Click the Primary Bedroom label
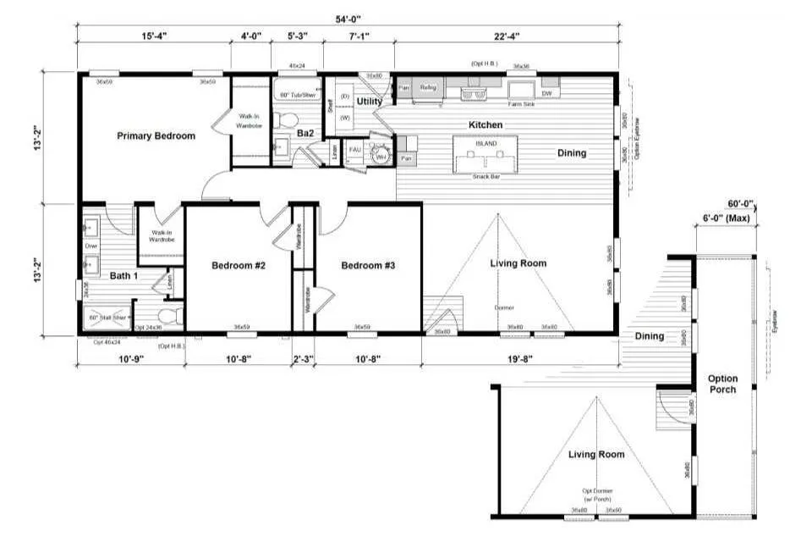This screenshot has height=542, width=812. tap(156, 135)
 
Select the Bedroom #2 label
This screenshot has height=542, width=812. tap(239, 266)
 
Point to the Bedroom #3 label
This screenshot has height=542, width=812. tap(368, 266)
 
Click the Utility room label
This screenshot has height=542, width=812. tap(370, 102)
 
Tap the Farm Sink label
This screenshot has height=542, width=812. tap(519, 104)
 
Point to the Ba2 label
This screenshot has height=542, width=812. tap(305, 134)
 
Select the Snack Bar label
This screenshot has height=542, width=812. tap(485, 175)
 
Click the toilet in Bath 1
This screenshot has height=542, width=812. tap(172, 317)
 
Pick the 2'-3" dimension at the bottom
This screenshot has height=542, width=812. tap(303, 359)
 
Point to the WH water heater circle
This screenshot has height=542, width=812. tap(382, 156)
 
